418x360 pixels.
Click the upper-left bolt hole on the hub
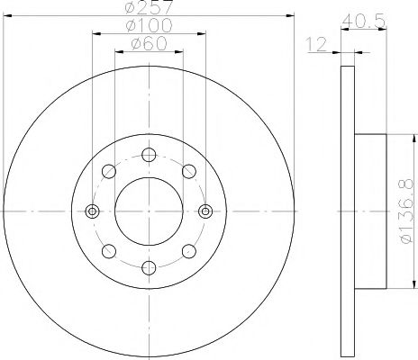(x=109, y=171)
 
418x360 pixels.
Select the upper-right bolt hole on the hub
(x=187, y=171)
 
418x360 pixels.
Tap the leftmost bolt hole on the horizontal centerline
(x=92, y=211)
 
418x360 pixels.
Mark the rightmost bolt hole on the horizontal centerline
(x=204, y=211)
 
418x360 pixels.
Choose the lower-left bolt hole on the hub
(x=109, y=251)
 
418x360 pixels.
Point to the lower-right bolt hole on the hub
(x=187, y=251)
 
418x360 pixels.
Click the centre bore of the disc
(x=148, y=211)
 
